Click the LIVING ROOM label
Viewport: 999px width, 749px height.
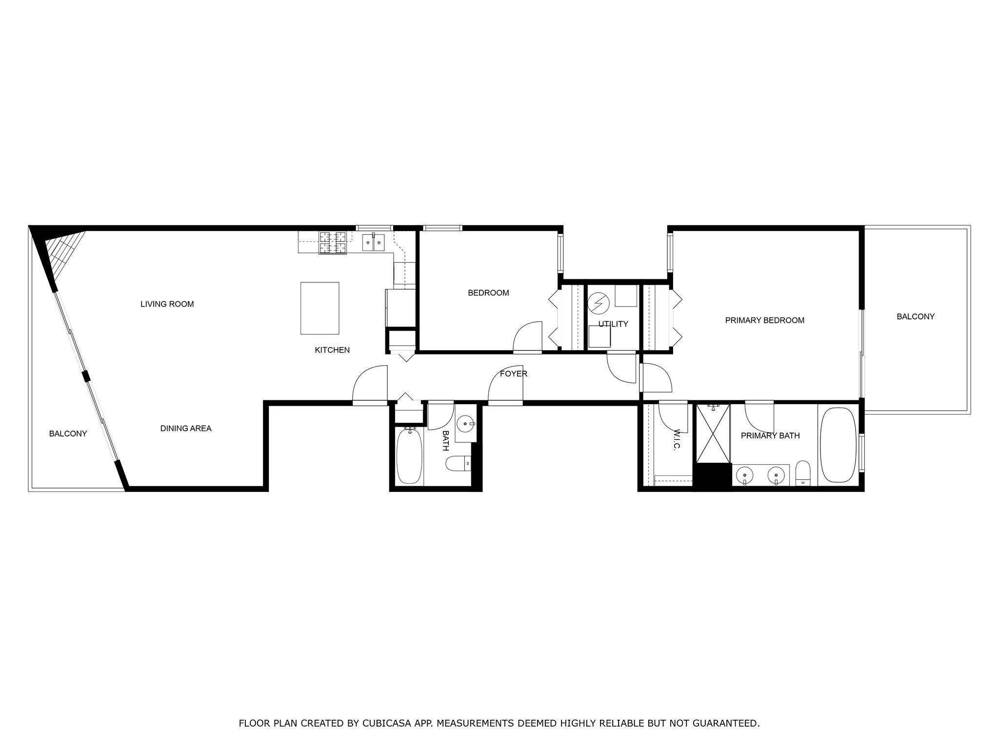tap(167, 304)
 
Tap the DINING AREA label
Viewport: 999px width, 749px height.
tap(186, 429)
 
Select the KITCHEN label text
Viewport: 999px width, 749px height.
tap(332, 350)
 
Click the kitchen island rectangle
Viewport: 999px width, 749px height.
tap(320, 308)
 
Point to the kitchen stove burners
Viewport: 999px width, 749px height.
tap(333, 243)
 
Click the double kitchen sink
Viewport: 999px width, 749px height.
tap(373, 242)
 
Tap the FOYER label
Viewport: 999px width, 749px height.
tap(514, 374)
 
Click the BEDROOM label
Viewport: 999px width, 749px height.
tap(488, 293)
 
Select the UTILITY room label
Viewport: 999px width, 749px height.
tap(613, 324)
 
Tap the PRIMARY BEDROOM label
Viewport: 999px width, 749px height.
tap(765, 320)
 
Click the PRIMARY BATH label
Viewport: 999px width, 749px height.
tap(770, 436)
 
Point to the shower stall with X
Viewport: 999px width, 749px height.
tap(713, 434)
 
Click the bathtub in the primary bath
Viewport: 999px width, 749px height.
tap(838, 445)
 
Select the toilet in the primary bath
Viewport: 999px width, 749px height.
tap(803, 473)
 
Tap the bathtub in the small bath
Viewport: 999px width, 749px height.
tap(409, 456)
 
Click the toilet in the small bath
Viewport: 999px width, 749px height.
tap(459, 463)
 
